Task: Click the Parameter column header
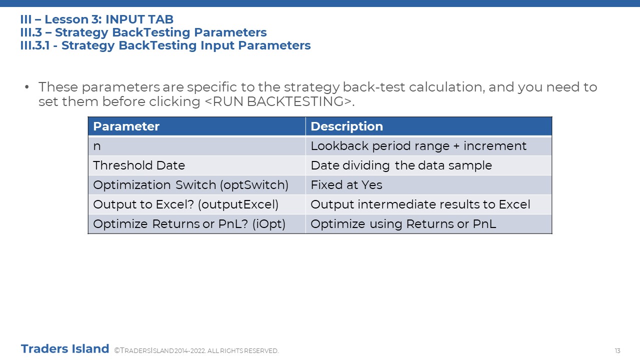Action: (197, 126)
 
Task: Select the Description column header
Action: (428, 126)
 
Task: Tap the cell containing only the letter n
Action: (197, 146)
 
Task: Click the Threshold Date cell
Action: (197, 165)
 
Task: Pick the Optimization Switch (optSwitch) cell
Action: (197, 185)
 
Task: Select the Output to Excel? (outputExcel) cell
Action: (197, 204)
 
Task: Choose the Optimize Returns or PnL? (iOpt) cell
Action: (197, 223)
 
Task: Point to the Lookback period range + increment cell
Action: (428, 146)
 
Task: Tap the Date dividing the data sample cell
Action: (428, 165)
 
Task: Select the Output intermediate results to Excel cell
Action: (428, 204)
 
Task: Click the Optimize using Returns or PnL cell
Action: (428, 223)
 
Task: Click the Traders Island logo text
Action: (65, 349)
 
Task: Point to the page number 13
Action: (617, 350)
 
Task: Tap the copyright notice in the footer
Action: (196, 350)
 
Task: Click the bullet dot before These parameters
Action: (27, 87)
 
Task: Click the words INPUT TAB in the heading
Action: (139, 19)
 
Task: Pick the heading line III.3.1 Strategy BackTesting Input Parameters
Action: (165, 45)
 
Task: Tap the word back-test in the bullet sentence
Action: (373, 87)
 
